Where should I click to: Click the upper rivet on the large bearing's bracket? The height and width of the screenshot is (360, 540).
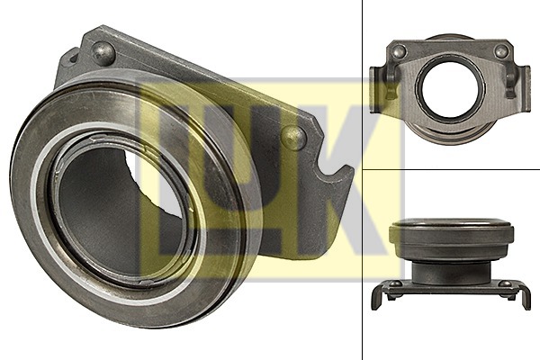[104, 54]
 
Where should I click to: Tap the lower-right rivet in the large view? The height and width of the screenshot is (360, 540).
[292, 137]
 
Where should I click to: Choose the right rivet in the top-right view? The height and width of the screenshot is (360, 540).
[501, 51]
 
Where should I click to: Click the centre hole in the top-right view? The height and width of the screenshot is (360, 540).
[451, 89]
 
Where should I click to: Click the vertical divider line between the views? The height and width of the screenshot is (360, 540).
[363, 270]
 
